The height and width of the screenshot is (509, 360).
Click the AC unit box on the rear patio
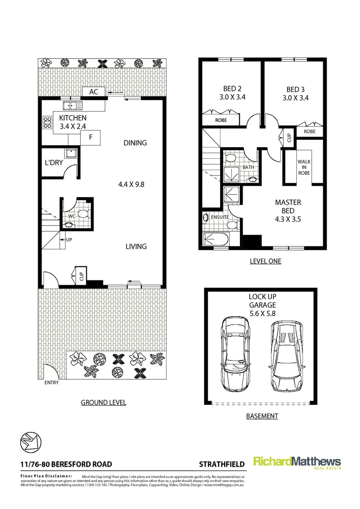pos(94,91)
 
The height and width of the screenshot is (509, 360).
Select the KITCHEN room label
pos(73,118)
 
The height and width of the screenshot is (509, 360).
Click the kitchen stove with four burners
pos(47,123)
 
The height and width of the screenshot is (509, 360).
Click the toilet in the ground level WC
pos(82,213)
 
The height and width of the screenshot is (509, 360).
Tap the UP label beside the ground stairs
pos(69,239)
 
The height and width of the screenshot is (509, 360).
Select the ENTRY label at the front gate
pos(51,383)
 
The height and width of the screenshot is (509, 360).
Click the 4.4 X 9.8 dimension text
pos(131,184)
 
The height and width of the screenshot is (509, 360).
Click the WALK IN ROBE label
pos(304,167)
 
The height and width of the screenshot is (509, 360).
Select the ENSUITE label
pos(219,217)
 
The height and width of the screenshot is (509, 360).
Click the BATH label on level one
pos(248,167)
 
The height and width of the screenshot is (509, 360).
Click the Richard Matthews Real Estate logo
pos(297,462)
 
